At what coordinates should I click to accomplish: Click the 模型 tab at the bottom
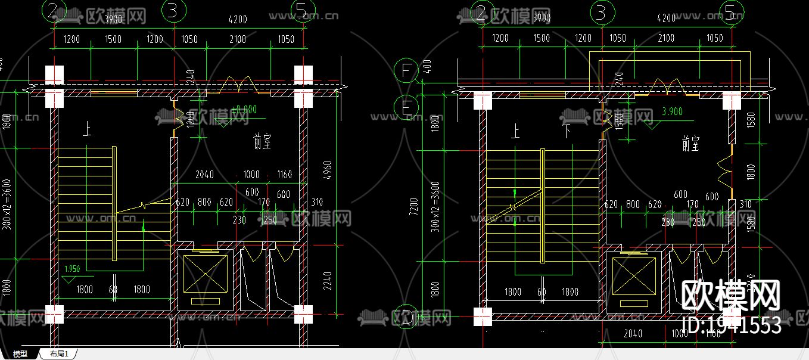click(x=20, y=354)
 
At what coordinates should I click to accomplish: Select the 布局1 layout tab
click(x=59, y=354)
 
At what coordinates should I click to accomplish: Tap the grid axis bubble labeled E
click(x=407, y=108)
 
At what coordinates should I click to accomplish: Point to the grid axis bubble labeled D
click(x=407, y=318)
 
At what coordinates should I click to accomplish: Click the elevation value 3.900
click(x=672, y=111)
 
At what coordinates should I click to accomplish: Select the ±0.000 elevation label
click(x=244, y=110)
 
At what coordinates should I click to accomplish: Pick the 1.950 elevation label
click(x=71, y=269)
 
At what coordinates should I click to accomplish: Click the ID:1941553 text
click(x=730, y=325)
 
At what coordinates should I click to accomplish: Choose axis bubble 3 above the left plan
click(x=173, y=11)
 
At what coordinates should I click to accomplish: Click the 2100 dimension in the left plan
click(x=237, y=39)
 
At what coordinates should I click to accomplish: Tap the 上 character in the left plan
click(x=87, y=131)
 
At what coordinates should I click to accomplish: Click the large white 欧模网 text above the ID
click(x=730, y=296)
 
